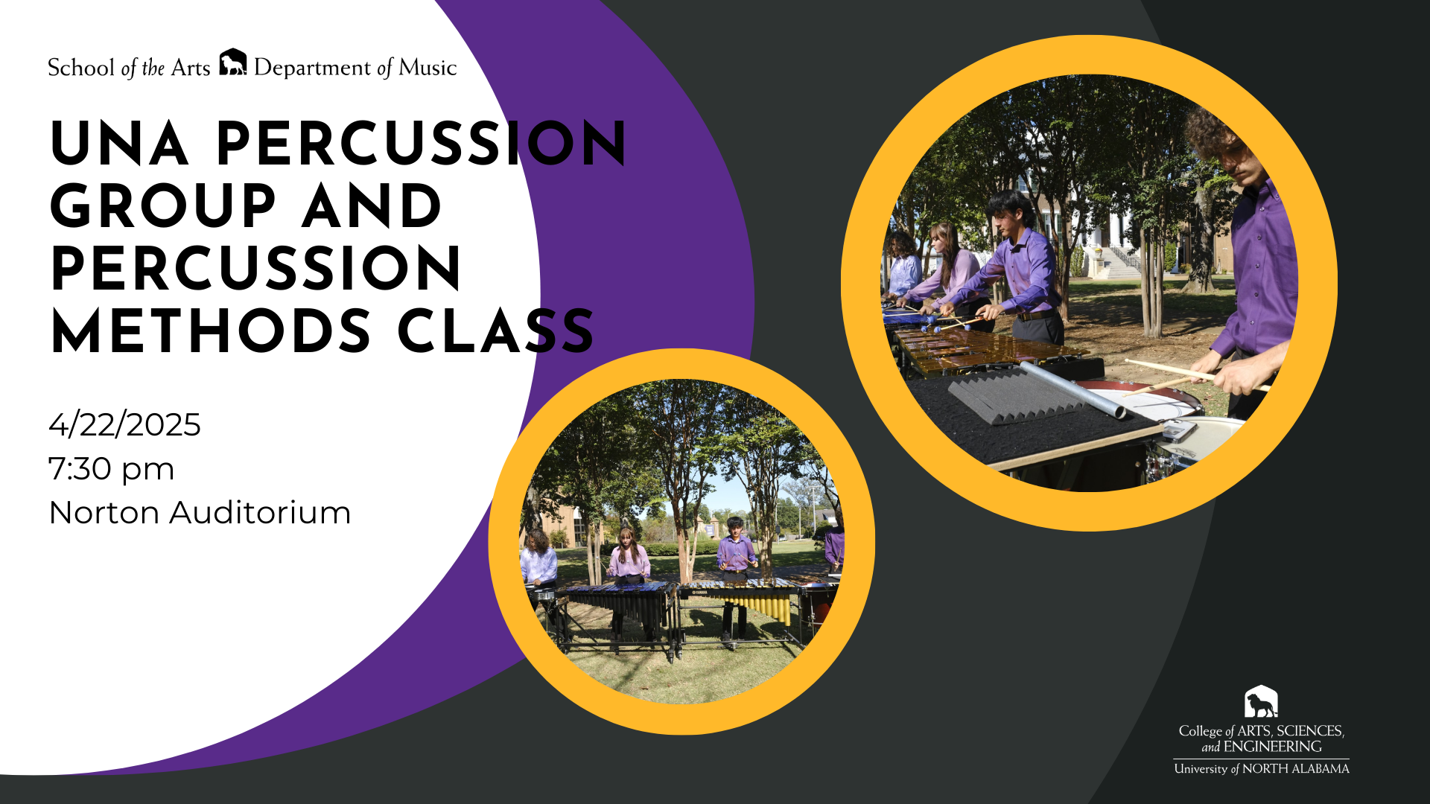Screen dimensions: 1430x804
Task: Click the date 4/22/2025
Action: pos(124,424)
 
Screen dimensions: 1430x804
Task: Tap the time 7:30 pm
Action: pos(112,469)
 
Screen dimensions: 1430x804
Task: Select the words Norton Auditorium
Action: pos(200,513)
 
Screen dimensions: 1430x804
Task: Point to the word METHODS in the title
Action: pos(211,331)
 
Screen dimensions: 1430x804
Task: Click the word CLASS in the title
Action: pos(496,331)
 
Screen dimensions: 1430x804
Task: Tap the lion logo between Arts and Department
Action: pos(233,63)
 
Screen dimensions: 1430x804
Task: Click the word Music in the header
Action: pos(428,68)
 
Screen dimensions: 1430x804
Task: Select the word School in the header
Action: pos(81,68)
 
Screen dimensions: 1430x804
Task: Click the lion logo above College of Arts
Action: pos(1261,701)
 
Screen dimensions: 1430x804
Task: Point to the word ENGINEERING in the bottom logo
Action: pos(1273,747)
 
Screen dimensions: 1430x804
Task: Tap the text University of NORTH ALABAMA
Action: pos(1262,768)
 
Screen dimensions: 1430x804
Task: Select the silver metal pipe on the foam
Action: pos(1072,389)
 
